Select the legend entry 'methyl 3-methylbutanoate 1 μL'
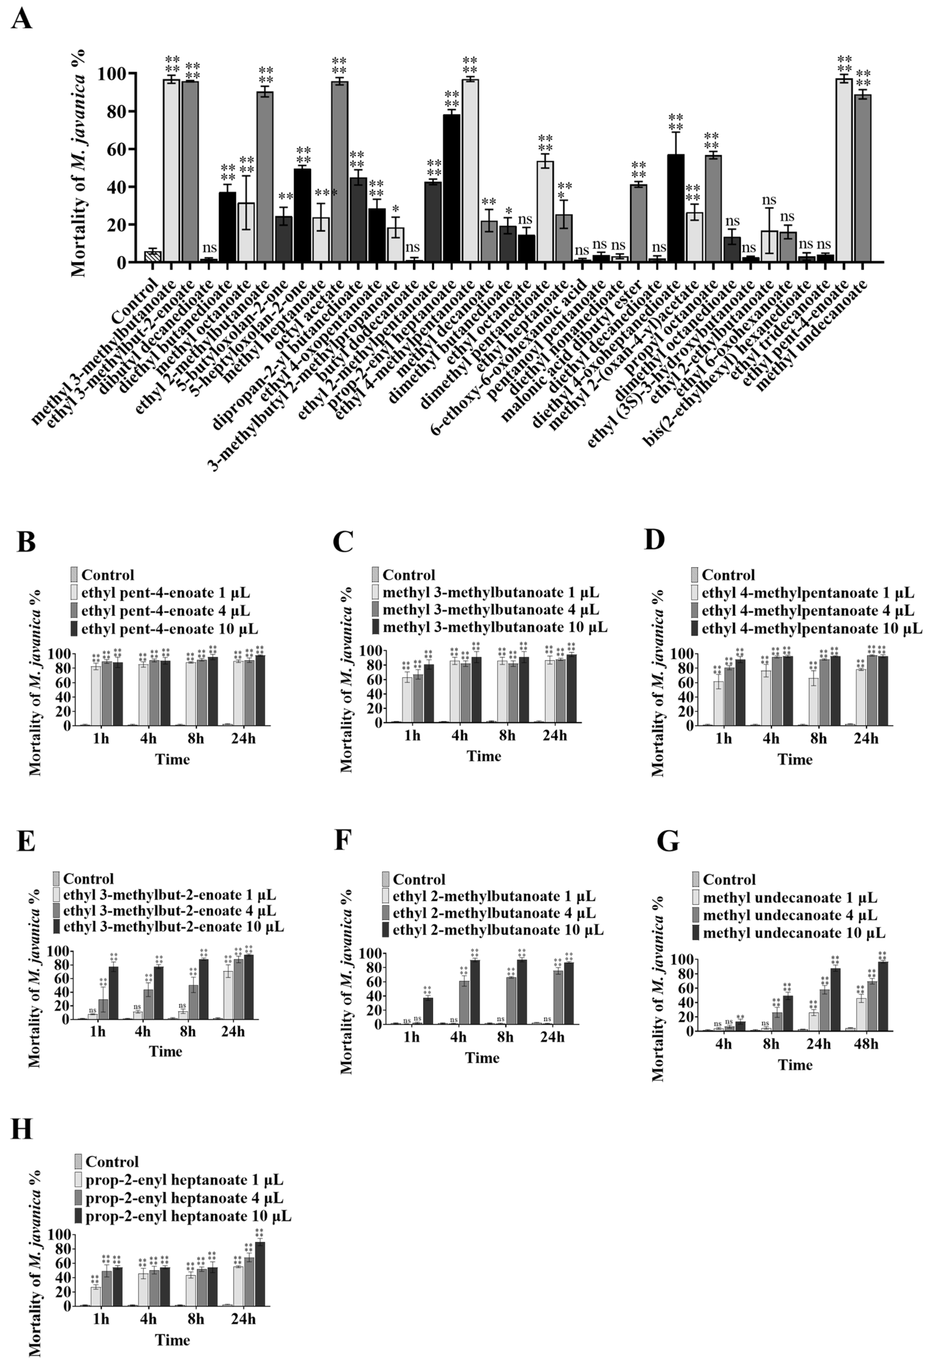[491, 592]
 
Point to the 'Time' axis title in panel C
[484, 756]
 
